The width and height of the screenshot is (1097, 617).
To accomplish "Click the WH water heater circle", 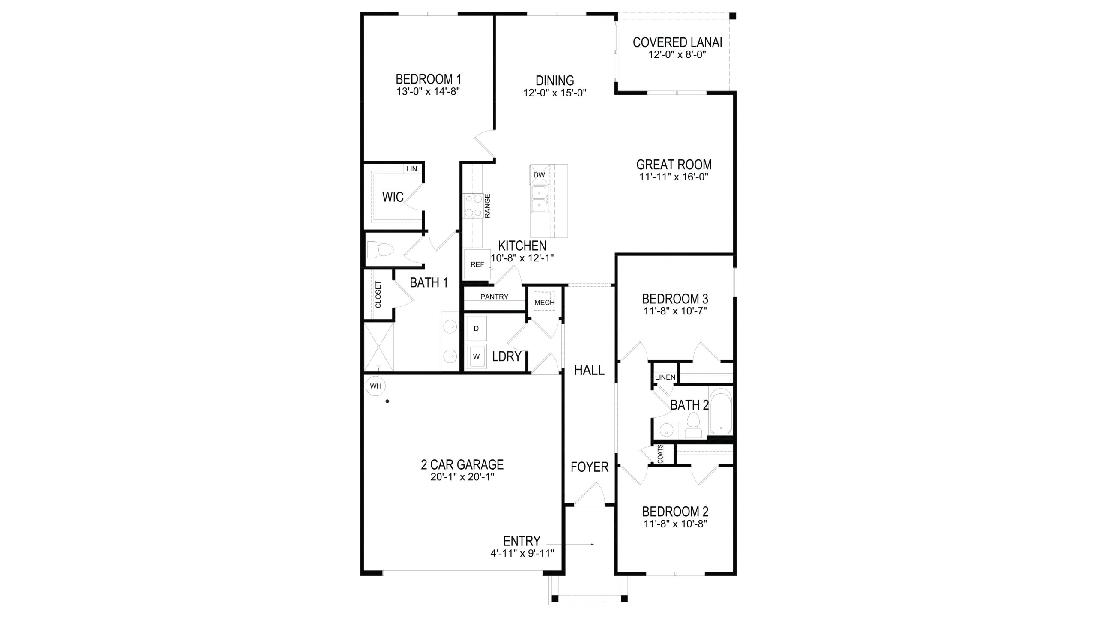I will (375, 386).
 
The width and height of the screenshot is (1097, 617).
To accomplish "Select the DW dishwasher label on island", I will (539, 175).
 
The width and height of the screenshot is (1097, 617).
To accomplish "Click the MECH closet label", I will (544, 303).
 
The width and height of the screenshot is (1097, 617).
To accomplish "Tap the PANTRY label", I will (494, 297).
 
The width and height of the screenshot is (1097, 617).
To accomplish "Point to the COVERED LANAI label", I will (677, 42).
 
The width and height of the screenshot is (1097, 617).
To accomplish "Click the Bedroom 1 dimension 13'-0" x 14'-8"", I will (428, 91).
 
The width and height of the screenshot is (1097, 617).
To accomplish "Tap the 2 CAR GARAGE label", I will (462, 464).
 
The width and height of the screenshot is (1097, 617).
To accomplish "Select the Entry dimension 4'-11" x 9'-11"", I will (522, 553).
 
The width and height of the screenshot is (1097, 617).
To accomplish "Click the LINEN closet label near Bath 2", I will (665, 377).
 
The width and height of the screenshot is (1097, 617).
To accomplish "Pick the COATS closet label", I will (660, 454).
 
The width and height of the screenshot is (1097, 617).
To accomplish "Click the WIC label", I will (393, 197).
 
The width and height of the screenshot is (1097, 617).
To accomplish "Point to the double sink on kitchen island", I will (539, 199).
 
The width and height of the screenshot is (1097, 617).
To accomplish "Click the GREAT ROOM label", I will (674, 165).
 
